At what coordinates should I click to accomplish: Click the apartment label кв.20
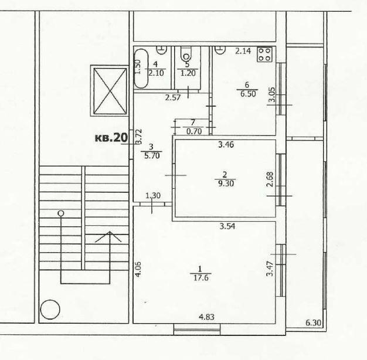click(111, 138)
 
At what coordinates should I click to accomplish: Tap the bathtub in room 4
click(141, 69)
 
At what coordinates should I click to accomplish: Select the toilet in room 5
click(186, 54)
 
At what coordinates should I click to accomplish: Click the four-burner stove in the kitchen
click(265, 55)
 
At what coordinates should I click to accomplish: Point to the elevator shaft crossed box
click(110, 91)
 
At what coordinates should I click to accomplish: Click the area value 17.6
click(201, 278)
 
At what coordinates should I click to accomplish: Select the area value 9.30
click(226, 184)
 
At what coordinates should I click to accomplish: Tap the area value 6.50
click(248, 94)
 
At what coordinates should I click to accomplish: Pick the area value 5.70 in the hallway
click(152, 155)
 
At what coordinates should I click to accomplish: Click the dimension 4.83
click(207, 317)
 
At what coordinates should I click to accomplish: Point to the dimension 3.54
click(227, 226)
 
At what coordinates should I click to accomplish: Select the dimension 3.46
click(226, 145)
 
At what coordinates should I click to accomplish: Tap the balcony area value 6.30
click(313, 323)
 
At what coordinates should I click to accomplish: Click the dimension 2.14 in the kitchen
click(243, 51)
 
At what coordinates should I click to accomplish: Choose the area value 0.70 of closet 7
click(194, 131)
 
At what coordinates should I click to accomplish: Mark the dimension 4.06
click(138, 270)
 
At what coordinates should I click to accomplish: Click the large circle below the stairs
click(50, 310)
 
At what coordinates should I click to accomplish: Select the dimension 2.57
click(173, 97)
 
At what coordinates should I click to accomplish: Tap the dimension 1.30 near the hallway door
click(153, 195)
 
